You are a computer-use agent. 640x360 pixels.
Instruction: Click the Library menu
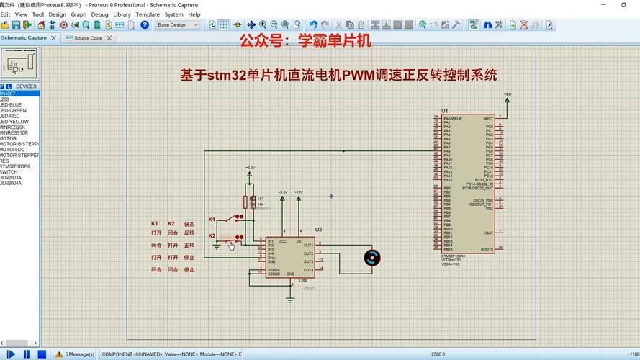coord(122,14)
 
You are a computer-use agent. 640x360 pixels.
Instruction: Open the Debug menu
coord(99,14)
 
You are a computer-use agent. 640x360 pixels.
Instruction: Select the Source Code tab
coord(87,38)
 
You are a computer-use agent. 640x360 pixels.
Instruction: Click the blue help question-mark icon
coord(145,25)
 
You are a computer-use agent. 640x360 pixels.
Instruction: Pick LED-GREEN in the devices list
coord(14,110)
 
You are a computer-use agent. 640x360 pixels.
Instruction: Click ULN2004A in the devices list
coord(12,183)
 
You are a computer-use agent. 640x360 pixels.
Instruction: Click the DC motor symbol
coord(371,257)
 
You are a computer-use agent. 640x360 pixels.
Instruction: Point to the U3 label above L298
coord(318,230)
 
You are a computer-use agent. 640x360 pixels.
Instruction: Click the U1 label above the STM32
coord(445,110)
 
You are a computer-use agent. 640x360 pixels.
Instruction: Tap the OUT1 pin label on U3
coord(308,245)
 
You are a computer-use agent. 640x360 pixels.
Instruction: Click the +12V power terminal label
coord(299,192)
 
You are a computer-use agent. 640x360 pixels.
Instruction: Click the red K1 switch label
coord(212,219)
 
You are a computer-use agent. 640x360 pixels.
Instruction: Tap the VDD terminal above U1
coord(508,94)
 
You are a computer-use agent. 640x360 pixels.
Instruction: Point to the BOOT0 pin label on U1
coord(487,249)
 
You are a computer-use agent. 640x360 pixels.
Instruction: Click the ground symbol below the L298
coord(290,297)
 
